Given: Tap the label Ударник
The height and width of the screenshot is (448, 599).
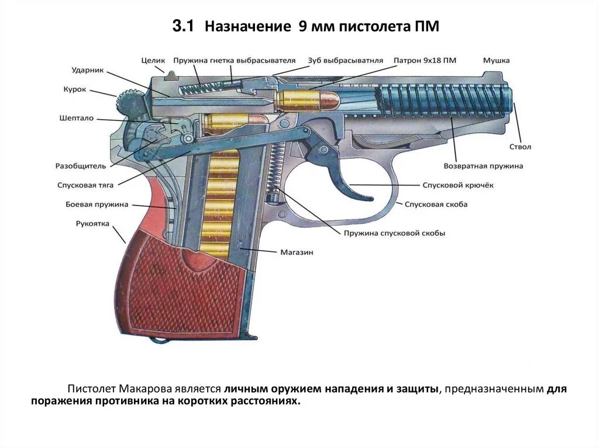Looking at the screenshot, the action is pos(88,70).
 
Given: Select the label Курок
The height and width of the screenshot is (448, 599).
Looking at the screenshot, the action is pos(75,89).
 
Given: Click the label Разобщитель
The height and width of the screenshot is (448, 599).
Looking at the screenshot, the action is pos(81,166).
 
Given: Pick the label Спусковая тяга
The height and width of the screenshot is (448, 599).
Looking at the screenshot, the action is pos(85,185).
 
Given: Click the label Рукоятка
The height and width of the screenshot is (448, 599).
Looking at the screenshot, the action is pos(92,223).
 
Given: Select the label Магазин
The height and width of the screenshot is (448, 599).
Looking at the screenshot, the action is pos(297,252).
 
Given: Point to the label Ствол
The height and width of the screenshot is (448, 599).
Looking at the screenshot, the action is pos(520,147).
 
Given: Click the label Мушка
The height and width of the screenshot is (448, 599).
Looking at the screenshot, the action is pos(496,60).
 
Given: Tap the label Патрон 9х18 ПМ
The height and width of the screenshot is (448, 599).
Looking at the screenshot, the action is pos(425,60).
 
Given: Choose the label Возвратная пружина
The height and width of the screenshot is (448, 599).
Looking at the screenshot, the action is pos(483,166).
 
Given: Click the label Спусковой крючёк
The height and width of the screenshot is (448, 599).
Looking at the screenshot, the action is pos(458,185).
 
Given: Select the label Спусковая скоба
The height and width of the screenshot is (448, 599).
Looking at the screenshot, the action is pos(436,204).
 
